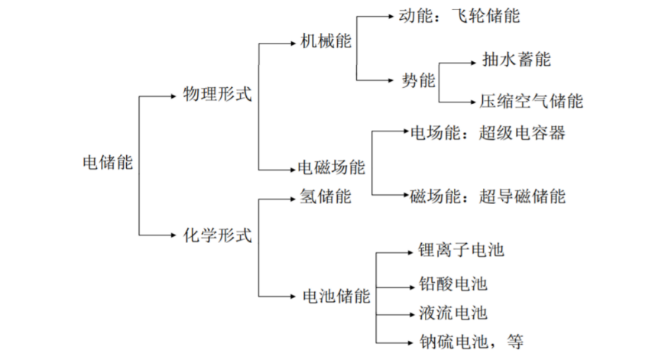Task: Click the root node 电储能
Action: pos(106,162)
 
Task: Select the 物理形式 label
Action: pos(216,95)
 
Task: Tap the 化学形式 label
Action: pos(216,234)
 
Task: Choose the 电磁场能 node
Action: pos(331,167)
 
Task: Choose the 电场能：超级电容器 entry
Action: pos(488,133)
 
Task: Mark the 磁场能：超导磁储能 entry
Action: pos(488,196)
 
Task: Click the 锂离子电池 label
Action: pos(461,250)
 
